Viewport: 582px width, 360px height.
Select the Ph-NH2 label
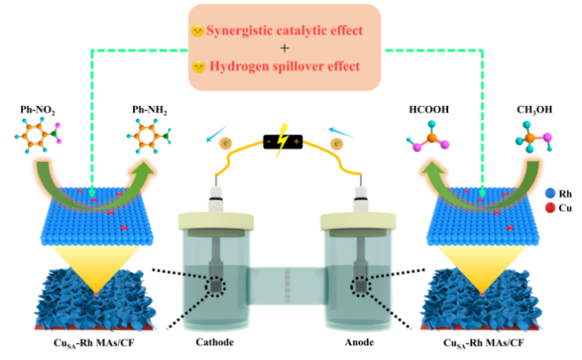click(149, 112)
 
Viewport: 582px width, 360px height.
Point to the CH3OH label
click(534, 112)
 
